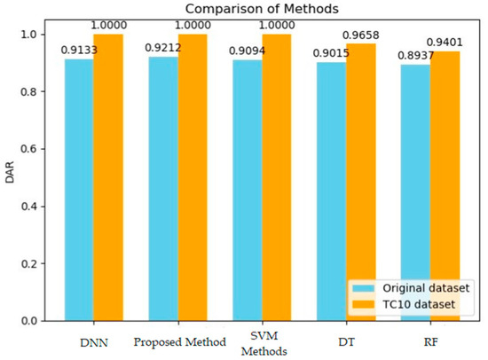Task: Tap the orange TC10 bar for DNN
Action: click(108, 177)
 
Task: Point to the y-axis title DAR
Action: click(10, 177)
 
